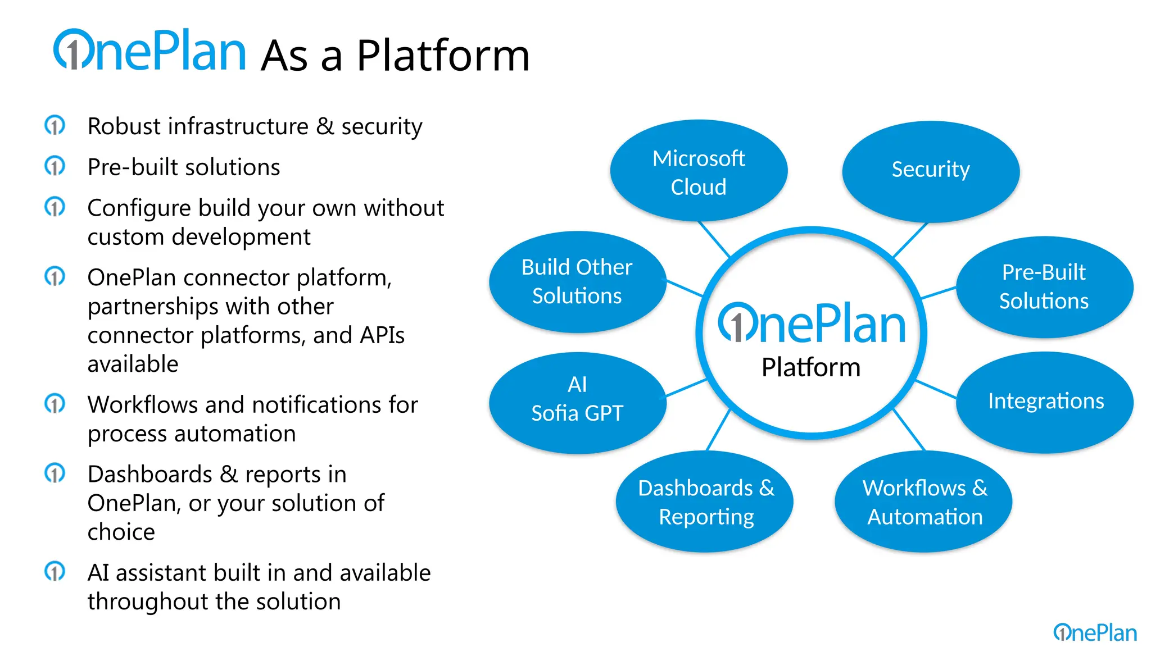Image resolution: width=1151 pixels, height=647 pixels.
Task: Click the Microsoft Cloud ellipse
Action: [x=699, y=171]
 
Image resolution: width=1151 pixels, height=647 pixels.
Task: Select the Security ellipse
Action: [x=931, y=171]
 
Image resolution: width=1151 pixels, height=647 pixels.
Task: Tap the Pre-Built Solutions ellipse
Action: [x=1044, y=286]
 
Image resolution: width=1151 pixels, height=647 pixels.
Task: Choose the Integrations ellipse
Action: [x=1044, y=402]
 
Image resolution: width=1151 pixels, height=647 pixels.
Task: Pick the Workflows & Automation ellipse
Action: [x=923, y=502]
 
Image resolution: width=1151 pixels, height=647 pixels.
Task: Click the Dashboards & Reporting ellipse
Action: [x=705, y=502]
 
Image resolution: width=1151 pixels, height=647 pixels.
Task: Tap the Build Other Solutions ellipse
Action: [x=578, y=281]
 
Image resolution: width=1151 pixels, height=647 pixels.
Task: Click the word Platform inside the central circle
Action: [x=810, y=368]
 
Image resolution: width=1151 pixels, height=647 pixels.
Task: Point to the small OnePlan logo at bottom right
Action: [x=1095, y=632]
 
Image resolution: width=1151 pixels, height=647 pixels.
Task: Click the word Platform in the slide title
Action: [x=443, y=56]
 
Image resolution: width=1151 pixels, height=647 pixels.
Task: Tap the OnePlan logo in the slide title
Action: [x=149, y=52]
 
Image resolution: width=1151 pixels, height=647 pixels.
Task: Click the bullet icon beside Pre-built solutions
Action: [x=55, y=166]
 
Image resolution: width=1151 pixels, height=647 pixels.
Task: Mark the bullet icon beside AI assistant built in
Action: [x=55, y=572]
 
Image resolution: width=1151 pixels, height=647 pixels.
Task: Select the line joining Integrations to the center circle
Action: [x=936, y=389]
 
